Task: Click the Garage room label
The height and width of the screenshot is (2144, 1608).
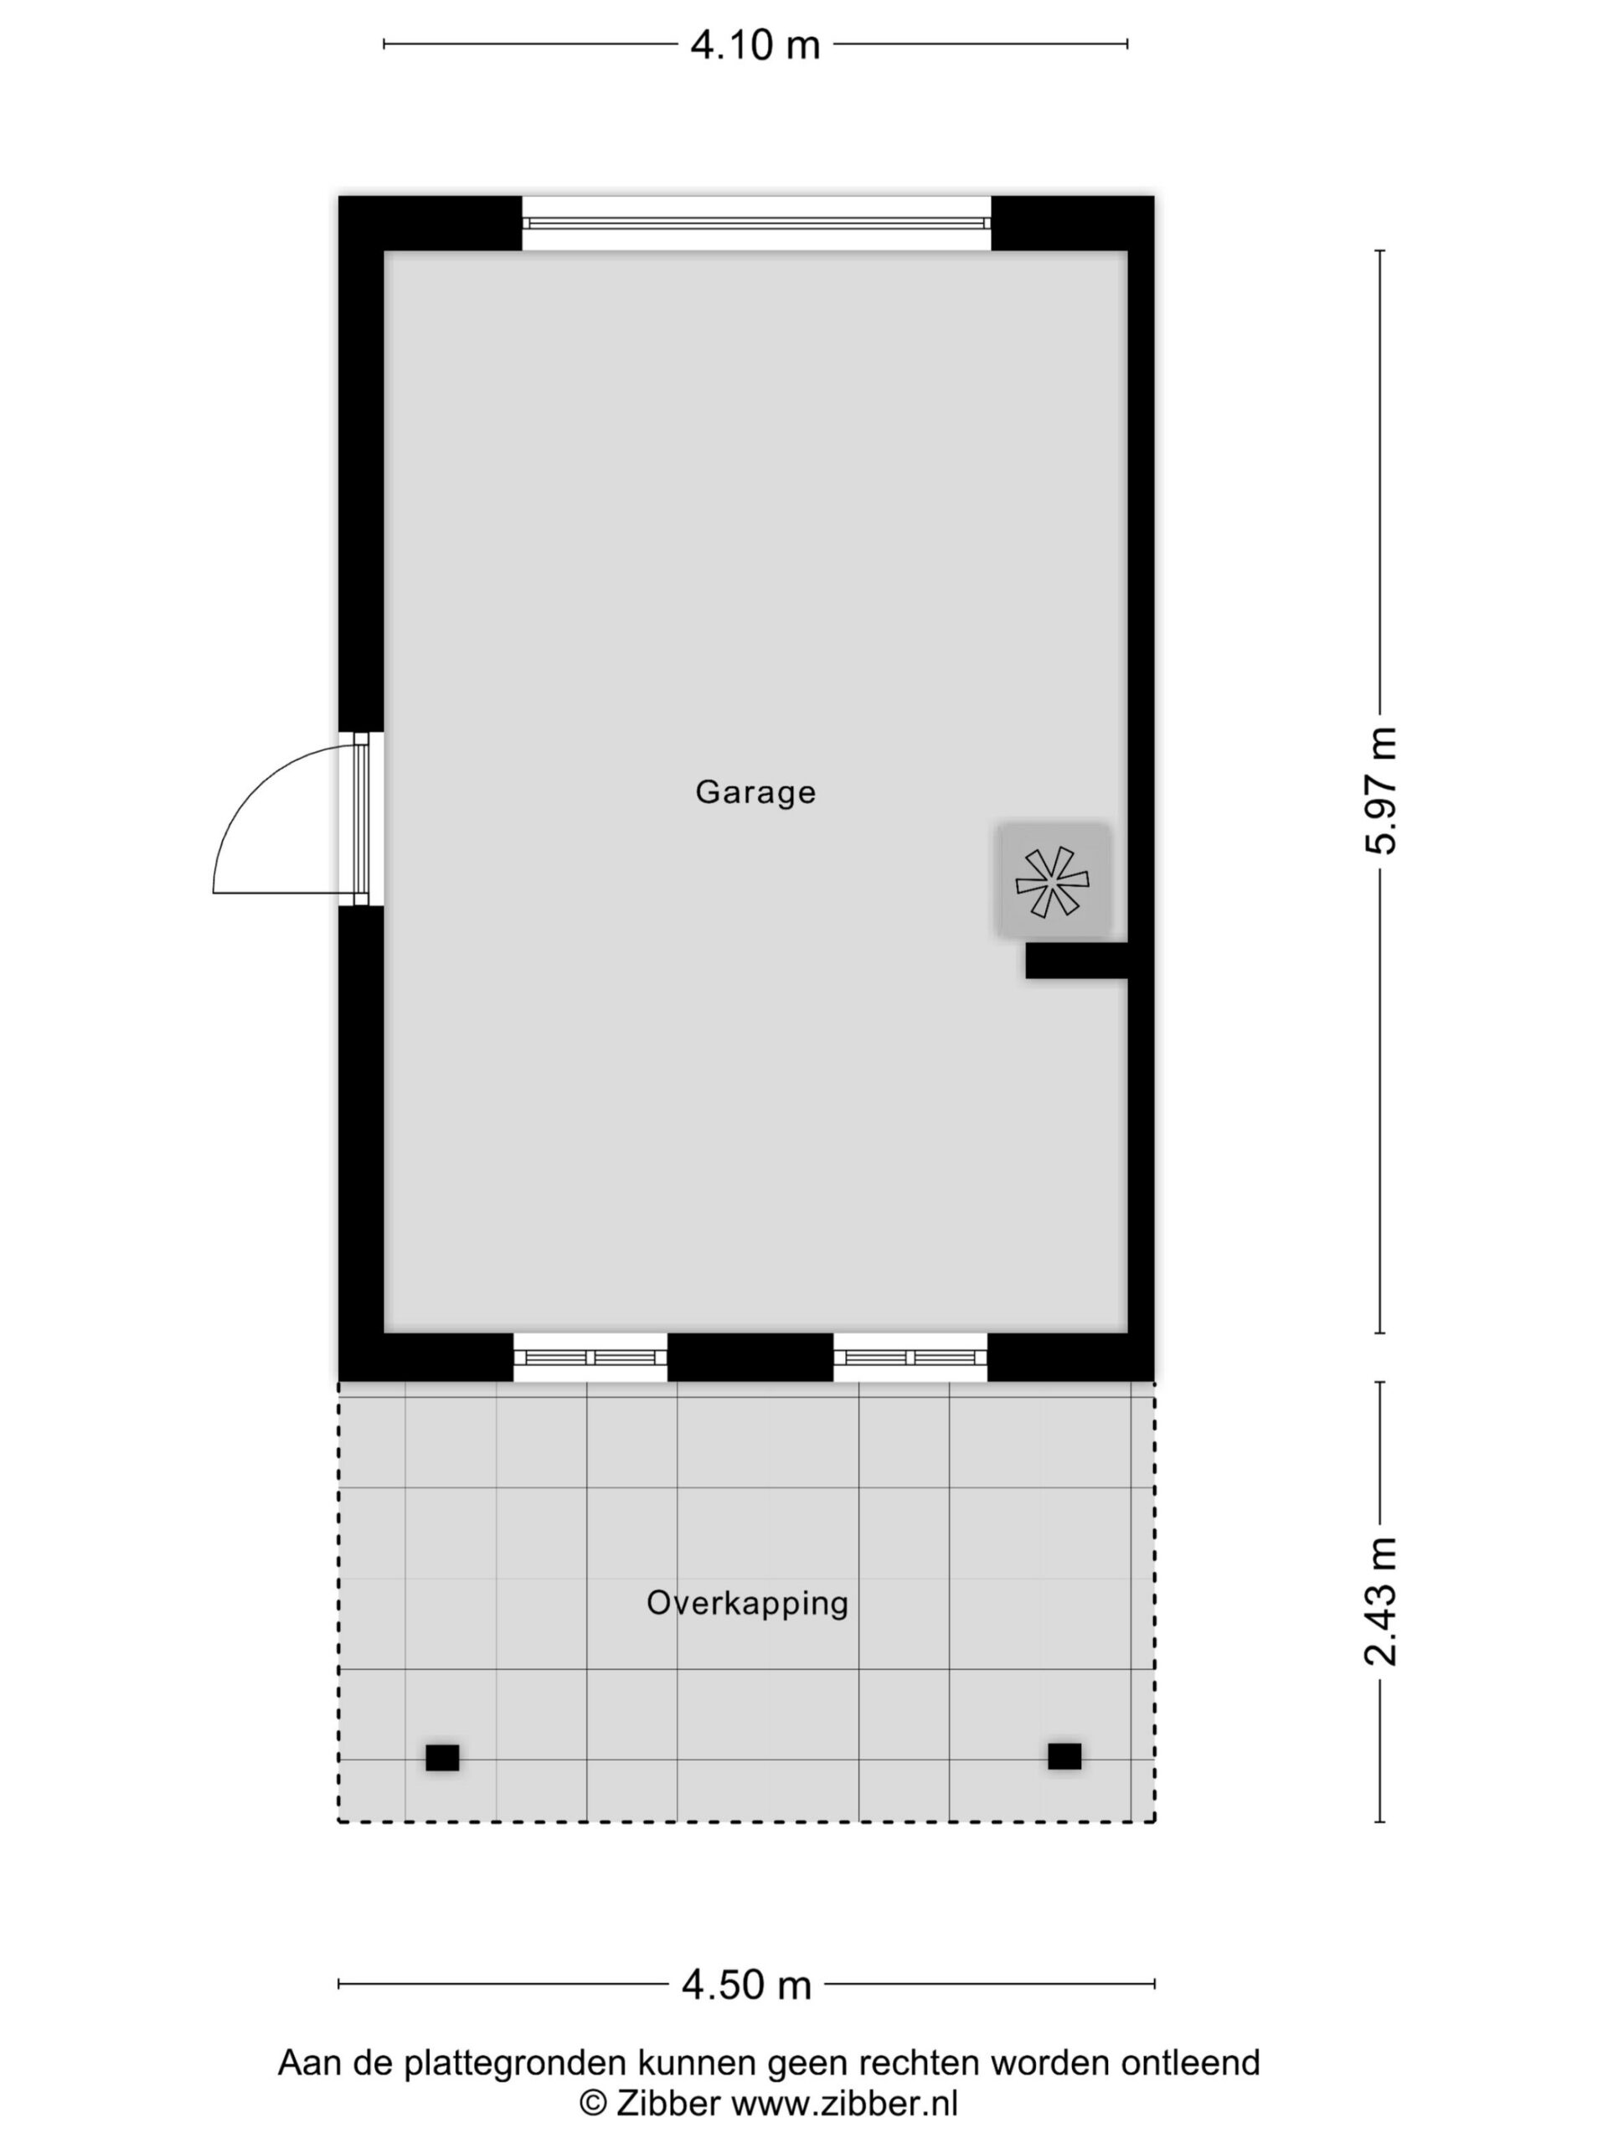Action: pos(755,793)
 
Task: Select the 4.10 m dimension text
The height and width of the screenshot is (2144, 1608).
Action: pos(755,44)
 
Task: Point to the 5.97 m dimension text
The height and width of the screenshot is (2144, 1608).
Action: pos(1380,790)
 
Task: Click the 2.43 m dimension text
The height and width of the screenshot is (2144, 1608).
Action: pos(1380,1601)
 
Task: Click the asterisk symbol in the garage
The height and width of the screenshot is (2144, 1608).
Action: pos(1052,881)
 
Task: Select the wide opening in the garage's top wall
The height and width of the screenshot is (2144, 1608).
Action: pos(756,223)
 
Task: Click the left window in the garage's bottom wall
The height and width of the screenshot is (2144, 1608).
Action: pos(590,1357)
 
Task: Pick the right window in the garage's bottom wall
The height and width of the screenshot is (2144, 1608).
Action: pos(910,1357)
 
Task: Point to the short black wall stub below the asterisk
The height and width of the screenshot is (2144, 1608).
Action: pos(1077,961)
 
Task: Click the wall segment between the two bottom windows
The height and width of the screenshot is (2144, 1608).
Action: pos(750,1357)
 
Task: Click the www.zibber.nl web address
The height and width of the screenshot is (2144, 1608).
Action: pos(844,2102)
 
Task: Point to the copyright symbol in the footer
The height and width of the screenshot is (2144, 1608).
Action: pos(593,2103)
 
